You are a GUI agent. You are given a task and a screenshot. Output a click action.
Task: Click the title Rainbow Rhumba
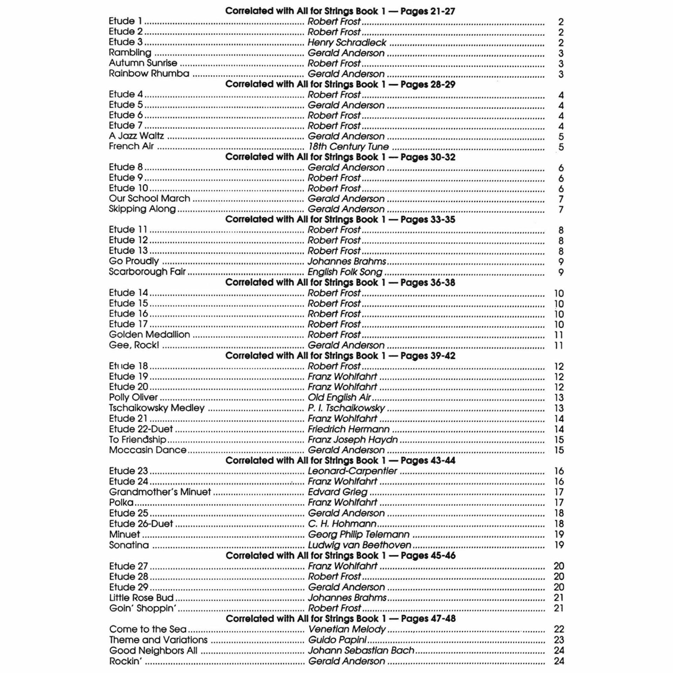tap(149, 74)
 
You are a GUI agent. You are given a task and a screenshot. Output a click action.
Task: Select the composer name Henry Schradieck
tap(347, 42)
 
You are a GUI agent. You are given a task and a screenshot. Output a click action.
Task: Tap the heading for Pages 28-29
tap(340, 84)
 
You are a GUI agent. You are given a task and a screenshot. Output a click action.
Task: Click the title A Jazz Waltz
tap(136, 136)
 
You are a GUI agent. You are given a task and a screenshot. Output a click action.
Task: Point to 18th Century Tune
tap(348, 147)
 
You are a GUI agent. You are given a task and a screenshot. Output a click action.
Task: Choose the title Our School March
tap(149, 198)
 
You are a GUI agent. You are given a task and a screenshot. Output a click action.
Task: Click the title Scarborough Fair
tap(147, 272)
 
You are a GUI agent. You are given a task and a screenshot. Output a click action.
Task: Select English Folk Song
tap(345, 272)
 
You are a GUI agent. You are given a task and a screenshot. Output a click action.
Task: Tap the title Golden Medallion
tap(149, 334)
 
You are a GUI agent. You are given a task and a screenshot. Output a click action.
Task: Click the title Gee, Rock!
tap(134, 345)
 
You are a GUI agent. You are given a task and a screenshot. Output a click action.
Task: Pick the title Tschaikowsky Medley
tap(157, 408)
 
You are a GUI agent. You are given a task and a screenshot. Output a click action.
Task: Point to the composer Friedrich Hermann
tap(348, 429)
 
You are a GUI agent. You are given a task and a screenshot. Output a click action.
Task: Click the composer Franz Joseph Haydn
tap(353, 440)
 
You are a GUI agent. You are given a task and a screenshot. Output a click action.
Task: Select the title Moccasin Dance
tap(148, 450)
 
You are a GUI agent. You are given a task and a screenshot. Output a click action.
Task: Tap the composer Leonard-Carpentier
tap(352, 471)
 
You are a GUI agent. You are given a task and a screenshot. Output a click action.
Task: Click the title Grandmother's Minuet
tap(160, 492)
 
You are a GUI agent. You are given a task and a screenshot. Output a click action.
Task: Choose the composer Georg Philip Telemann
tap(359, 534)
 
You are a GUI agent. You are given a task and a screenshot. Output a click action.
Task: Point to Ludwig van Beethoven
tap(359, 545)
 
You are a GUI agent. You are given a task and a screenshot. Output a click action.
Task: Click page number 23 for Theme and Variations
tap(559, 640)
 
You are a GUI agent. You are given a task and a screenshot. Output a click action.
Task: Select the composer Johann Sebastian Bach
tap(361, 651)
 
